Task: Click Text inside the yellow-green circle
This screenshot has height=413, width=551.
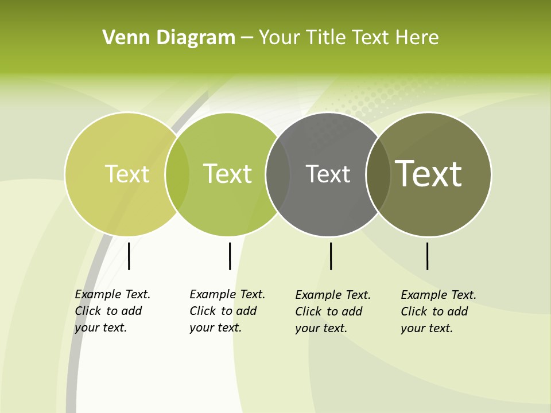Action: pos(127,174)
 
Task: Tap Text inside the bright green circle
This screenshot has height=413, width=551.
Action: pos(227,174)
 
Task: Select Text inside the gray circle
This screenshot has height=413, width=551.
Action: pos(328,174)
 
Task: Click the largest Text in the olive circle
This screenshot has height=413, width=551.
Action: pos(429,174)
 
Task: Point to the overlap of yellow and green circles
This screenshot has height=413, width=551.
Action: pos(177,174)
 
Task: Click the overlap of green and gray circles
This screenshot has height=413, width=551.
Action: pos(278,174)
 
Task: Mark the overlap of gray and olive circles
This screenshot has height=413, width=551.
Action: pos(378,174)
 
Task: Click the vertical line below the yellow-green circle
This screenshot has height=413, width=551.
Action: pos(129,256)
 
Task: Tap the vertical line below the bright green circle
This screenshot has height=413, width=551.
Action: pos(230,256)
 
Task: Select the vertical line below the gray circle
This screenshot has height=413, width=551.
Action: pos(331,256)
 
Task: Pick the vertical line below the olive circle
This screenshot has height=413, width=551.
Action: pos(428,256)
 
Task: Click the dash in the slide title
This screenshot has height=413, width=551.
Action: pos(247,38)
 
